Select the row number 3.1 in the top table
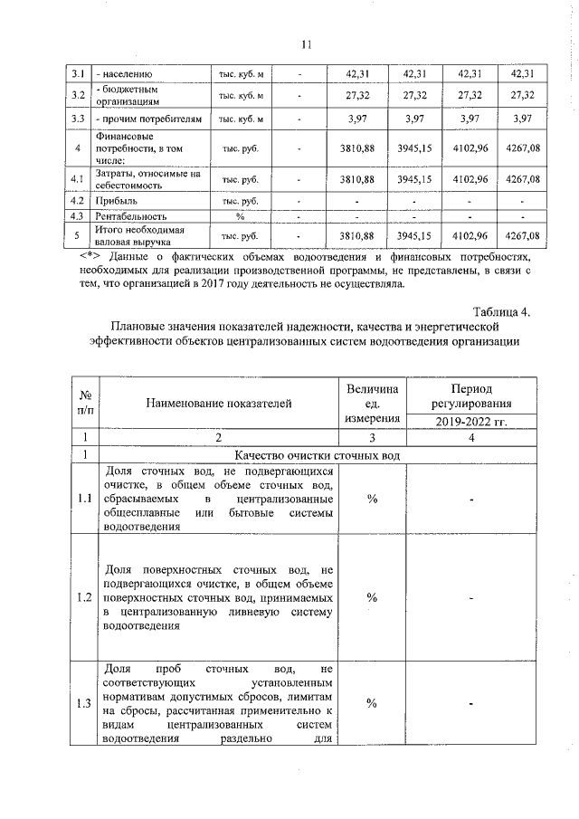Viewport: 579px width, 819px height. pos(78,74)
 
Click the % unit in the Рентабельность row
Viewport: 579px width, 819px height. pos(241,216)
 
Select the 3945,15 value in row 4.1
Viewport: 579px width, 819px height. pos(415,179)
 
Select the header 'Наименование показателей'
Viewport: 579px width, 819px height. pos(219,400)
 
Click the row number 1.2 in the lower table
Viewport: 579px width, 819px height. pos(83,597)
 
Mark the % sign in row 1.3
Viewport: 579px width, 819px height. pos(372,704)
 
